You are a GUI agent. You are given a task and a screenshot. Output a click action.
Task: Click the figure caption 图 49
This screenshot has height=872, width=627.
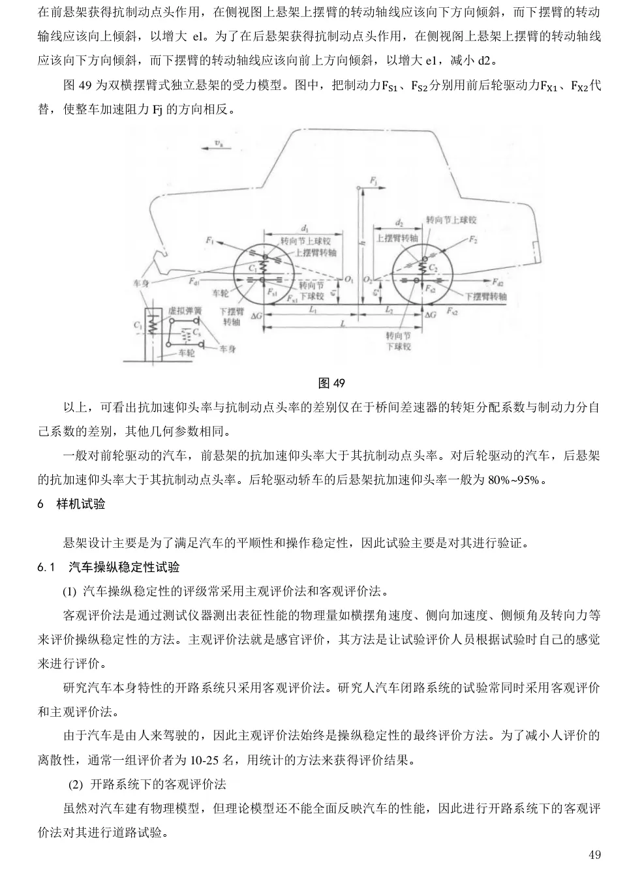(331, 383)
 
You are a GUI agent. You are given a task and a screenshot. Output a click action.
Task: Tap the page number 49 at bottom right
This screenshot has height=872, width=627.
(594, 854)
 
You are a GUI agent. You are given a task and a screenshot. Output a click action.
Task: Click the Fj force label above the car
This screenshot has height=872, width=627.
(373, 181)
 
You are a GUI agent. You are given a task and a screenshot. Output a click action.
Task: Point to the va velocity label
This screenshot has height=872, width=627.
(219, 143)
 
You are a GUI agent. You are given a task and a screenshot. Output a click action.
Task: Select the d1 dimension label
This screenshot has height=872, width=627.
(305, 228)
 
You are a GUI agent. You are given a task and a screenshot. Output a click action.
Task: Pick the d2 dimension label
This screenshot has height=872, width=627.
(399, 222)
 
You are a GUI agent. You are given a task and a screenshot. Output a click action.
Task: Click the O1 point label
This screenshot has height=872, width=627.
(348, 280)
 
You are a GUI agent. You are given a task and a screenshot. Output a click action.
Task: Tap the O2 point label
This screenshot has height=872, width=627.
(367, 280)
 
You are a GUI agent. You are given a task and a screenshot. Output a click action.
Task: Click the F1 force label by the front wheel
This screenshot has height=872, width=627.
(210, 241)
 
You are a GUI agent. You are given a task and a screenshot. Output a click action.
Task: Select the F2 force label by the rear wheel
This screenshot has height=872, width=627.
(473, 239)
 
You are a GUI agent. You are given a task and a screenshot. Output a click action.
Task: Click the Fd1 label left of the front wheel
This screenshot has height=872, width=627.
(194, 281)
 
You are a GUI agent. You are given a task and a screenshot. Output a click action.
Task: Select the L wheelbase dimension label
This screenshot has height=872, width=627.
(343, 323)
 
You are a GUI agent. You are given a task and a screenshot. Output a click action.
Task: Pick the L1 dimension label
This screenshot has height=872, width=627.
(313, 310)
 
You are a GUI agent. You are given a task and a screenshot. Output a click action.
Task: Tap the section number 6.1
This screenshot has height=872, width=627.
(46, 567)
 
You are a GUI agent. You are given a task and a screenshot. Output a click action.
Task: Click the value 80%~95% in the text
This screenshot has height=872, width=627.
(513, 480)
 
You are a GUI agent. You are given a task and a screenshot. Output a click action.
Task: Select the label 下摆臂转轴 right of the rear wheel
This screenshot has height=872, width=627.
(486, 297)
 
